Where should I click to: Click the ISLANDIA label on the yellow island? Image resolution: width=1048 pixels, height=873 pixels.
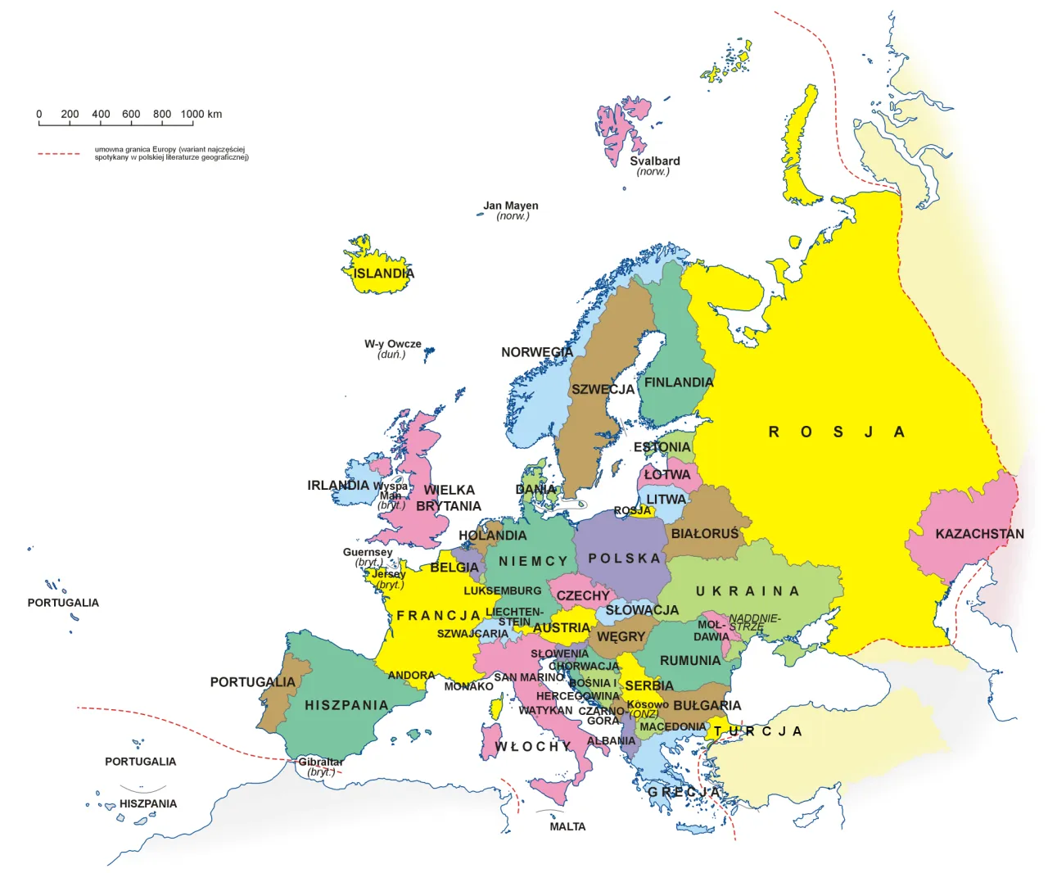pos(383,274)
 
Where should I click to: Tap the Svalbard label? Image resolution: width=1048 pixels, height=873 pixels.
pos(654,161)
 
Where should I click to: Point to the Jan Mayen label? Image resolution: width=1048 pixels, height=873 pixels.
pos(511,206)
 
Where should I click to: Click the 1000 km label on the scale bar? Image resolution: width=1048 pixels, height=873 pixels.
pos(201,115)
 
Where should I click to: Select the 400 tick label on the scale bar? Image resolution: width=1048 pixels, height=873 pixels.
pos(101,115)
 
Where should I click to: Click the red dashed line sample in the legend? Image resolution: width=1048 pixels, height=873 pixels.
pos(59,153)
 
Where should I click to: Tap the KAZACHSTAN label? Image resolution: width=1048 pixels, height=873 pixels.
pos(979,534)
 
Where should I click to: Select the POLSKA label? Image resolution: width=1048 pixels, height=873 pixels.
pos(624,559)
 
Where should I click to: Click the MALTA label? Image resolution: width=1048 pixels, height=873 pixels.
pos(567,826)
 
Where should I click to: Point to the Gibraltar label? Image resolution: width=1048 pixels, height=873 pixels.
pos(320,762)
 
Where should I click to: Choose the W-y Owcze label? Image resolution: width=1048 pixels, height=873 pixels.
pos(393,344)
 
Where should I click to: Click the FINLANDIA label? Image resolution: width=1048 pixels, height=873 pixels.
pos(679,382)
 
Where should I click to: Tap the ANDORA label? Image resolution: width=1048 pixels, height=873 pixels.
pos(411,676)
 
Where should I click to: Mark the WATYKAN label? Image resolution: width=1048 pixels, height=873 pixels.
pos(545,710)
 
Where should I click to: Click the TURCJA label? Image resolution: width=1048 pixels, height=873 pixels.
pos(757,731)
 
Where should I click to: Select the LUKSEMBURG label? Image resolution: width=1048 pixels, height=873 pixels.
pos(503,590)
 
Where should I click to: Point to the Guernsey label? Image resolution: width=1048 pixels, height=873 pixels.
pos(368,552)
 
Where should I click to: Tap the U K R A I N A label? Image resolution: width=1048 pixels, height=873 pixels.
pos(747,591)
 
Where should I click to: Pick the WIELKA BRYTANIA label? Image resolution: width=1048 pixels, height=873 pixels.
pos(449,498)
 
